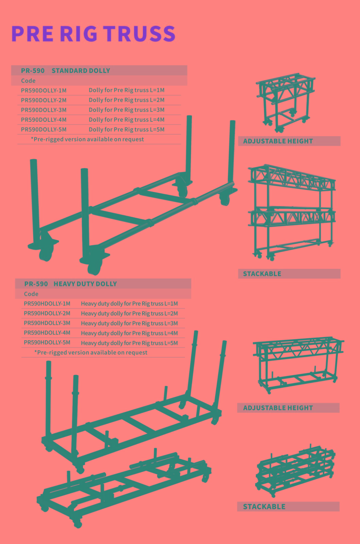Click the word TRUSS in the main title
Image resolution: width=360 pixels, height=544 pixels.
coord(139,34)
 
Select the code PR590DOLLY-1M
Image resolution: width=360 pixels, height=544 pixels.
coord(44,90)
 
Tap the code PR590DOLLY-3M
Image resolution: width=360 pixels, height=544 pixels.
coord(44,110)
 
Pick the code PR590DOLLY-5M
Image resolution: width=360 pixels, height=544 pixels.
coord(44,130)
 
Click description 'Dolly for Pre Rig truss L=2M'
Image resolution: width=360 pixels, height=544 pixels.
coord(127,100)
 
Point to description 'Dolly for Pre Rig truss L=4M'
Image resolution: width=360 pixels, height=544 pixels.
coord(127,120)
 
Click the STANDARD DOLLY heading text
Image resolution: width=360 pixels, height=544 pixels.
coord(81,71)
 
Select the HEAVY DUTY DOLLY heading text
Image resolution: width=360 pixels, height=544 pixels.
coord(85,284)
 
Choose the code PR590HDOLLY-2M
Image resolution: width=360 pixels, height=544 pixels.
coord(47,313)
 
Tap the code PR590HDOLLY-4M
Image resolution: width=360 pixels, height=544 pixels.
coord(47,333)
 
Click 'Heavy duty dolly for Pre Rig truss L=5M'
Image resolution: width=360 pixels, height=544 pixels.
coord(129,343)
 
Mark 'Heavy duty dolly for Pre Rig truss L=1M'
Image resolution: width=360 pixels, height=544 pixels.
coord(129,304)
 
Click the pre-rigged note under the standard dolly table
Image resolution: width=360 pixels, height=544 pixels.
coord(87,139)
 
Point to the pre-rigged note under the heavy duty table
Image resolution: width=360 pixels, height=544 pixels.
coord(91,352)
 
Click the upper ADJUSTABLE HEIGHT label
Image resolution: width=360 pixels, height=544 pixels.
coord(278,141)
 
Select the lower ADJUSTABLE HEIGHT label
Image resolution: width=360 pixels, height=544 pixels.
coord(278,408)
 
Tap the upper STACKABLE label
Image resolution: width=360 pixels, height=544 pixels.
coord(262,274)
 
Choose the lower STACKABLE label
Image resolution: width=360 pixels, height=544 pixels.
coord(264,507)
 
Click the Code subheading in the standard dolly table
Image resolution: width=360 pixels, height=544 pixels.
coord(28,81)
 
